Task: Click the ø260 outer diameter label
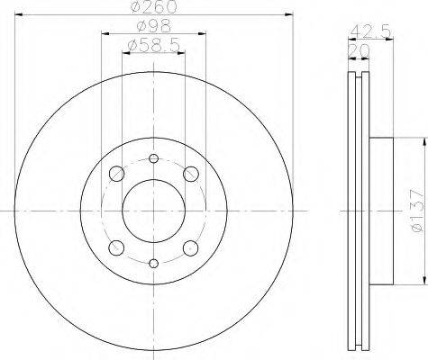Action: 154,6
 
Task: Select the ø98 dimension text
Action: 154,26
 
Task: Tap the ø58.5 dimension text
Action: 154,46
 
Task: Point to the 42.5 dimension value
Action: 370,31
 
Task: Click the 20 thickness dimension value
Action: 359,51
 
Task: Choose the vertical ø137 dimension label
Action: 418,211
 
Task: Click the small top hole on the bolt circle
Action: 153,158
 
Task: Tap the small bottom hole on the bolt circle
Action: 153,264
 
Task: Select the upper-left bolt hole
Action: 116,174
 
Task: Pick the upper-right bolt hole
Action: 191,174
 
